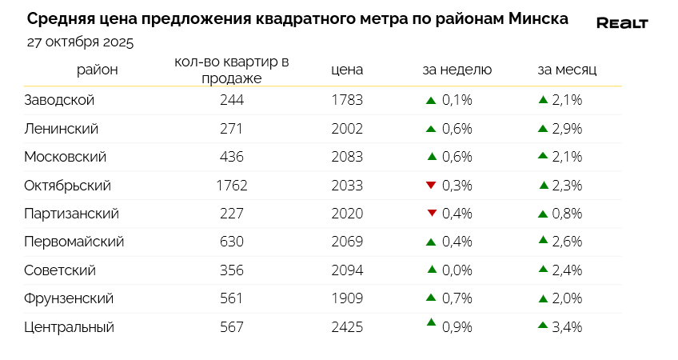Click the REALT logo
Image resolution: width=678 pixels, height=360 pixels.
pos(622,23)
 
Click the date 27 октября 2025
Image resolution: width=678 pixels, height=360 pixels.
pos(80,42)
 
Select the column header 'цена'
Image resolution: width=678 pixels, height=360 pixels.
pos(347,70)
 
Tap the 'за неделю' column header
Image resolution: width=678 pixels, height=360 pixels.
pos(457,70)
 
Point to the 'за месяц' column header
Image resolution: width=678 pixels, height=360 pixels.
pos(567,70)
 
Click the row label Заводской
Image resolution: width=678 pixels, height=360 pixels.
pos(60,100)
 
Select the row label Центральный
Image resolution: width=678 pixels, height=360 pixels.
pos(70,326)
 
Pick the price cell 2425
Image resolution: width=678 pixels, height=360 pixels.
pos(347,326)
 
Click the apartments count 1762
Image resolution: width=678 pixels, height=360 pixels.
pos(232,185)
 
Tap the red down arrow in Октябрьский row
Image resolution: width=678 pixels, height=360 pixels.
pos(431,185)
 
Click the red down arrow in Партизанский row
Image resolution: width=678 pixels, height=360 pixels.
pos(432,213)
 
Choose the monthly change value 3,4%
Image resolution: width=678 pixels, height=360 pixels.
pos(567,326)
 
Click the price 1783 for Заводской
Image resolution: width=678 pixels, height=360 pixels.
pos(347,100)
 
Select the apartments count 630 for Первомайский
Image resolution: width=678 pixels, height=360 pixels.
pos(231,242)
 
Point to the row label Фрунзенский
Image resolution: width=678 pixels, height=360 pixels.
pos(70,298)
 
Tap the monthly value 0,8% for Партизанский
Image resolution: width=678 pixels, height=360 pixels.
pos(567,214)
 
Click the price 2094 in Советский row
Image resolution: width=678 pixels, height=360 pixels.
pos(347,270)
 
